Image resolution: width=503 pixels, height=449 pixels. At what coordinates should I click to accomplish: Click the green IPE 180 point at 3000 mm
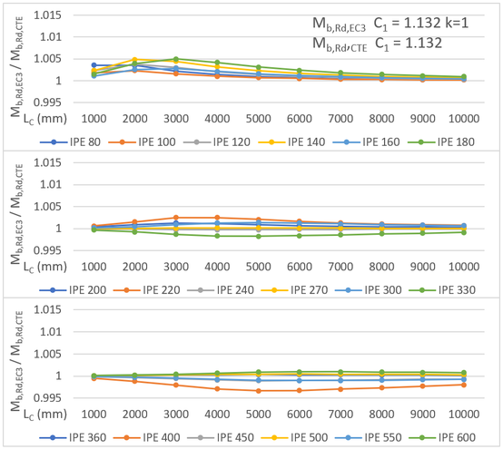[176, 59]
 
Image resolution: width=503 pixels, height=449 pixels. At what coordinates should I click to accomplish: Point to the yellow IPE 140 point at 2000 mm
[135, 60]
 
